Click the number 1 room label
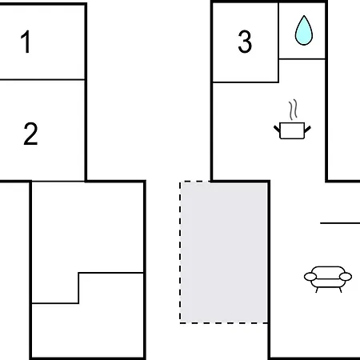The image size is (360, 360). click(26, 42)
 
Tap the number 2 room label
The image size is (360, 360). click(30, 134)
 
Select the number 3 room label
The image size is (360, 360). click(245, 42)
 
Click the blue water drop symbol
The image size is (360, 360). click(304, 30)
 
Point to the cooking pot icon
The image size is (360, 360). click(292, 119)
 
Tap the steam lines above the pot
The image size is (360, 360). click(293, 110)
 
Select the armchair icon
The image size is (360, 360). click(328, 279)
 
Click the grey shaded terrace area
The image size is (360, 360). click(224, 252)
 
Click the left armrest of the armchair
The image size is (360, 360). click(310, 277)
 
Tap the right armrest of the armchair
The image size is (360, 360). click(346, 277)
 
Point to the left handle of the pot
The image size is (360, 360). click(277, 129)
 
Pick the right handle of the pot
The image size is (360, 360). click(307, 129)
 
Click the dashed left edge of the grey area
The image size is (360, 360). click(180, 252)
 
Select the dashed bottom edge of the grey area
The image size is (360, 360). click(224, 323)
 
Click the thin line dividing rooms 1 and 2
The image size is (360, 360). click(42, 79)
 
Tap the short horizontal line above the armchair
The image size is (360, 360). click(340, 223)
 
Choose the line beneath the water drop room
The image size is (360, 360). click(302, 59)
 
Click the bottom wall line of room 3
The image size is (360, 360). click(246, 82)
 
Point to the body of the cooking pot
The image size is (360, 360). click(292, 130)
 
